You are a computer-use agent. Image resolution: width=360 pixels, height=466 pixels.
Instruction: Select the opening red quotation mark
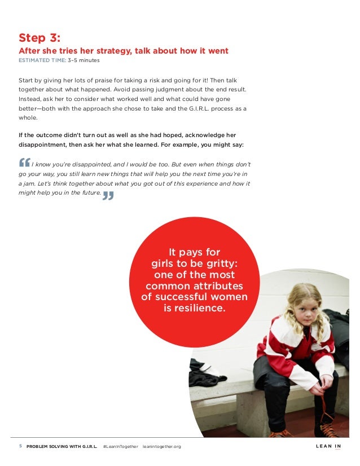(x=24, y=162)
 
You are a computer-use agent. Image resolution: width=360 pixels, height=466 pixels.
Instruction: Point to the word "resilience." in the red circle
(x=194, y=308)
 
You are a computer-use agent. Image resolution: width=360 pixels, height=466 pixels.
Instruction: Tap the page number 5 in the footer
(x=20, y=447)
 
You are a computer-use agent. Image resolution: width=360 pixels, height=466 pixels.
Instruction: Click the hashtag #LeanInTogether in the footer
(x=120, y=447)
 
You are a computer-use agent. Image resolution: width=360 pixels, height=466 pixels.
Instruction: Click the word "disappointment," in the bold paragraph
(x=43, y=145)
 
